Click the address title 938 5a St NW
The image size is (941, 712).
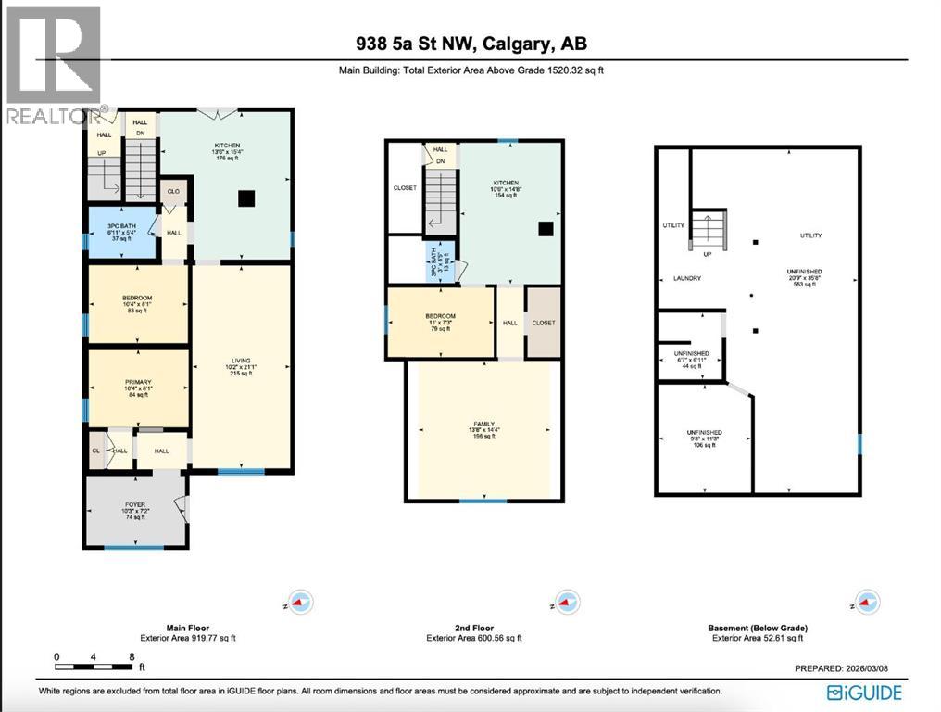click(470, 44)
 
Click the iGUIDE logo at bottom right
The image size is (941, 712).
click(864, 692)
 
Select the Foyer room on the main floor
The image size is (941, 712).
click(135, 512)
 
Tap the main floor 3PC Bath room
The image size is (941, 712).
click(122, 232)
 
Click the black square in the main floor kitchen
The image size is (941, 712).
click(245, 197)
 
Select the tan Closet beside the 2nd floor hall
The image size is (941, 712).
click(543, 323)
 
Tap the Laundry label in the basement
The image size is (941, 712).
click(687, 278)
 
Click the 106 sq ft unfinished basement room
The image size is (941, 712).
click(704, 439)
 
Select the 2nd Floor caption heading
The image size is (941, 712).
click(473, 628)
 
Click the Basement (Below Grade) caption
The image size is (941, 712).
click(755, 628)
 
